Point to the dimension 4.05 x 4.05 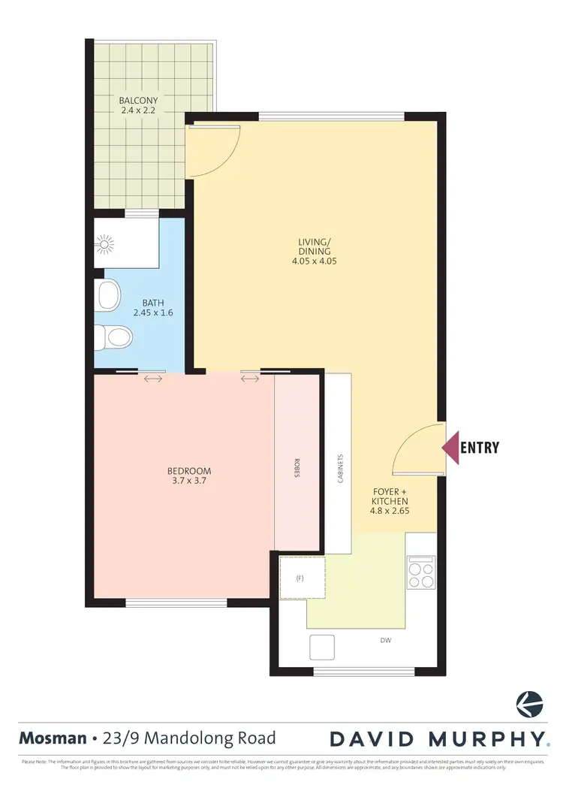309,262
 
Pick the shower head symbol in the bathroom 104,243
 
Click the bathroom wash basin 109,294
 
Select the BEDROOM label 184,471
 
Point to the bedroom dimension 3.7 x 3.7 184,482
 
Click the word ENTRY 479,448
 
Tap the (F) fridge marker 300,578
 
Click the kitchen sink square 323,646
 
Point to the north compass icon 529,705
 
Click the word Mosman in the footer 50,738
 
